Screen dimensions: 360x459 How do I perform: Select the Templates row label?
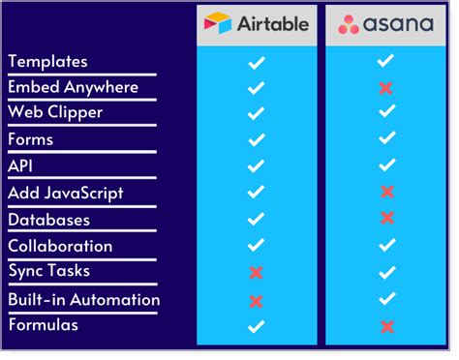pos(61,61)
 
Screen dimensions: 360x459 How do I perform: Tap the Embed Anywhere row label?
pos(74,87)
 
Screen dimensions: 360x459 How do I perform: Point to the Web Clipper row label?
pos(57,113)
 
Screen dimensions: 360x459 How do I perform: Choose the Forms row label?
pos(31,139)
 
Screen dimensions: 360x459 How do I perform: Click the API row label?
pos(21,166)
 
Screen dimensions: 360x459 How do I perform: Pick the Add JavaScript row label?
pos(66,194)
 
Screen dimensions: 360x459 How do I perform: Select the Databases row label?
pos(48,220)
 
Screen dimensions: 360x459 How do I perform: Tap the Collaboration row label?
pos(60,246)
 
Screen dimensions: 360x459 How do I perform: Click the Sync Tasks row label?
pos(48,273)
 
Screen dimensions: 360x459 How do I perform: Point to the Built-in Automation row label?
pos(84,300)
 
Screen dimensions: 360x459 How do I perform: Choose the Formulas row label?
pos(44,325)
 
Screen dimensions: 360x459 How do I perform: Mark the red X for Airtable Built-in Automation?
pos(257,301)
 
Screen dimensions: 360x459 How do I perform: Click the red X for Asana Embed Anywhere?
pos(386,88)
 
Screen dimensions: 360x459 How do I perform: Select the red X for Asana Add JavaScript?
pos(386,193)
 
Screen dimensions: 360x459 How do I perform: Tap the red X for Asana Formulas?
pos(386,326)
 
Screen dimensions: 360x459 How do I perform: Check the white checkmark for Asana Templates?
pos(385,61)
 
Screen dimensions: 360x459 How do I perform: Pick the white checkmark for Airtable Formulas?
pos(256,326)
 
